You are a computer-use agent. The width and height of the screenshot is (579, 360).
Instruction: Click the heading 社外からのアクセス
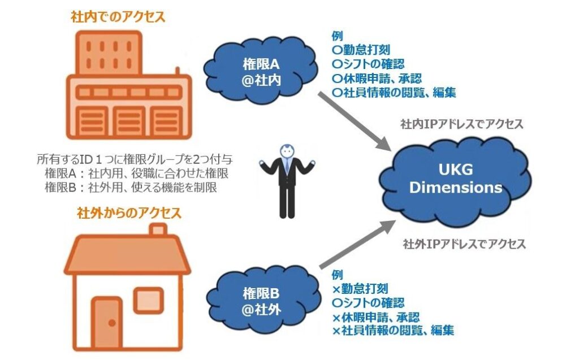pos(129,213)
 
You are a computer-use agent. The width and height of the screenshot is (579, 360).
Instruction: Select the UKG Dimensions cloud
pos(455,179)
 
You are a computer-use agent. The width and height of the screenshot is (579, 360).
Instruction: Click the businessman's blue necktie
pos(288,166)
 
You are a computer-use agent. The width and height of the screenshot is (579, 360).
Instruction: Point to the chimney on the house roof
pos(158,230)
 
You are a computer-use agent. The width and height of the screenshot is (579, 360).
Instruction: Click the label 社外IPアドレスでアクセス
pos(464,244)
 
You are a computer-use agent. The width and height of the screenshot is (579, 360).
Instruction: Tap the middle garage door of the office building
pos(129,121)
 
